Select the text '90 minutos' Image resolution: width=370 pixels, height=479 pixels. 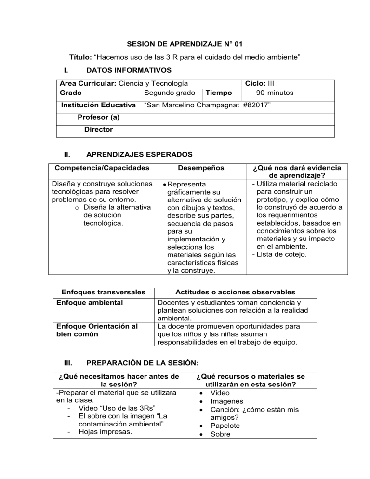pyautogui.click(x=274, y=93)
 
